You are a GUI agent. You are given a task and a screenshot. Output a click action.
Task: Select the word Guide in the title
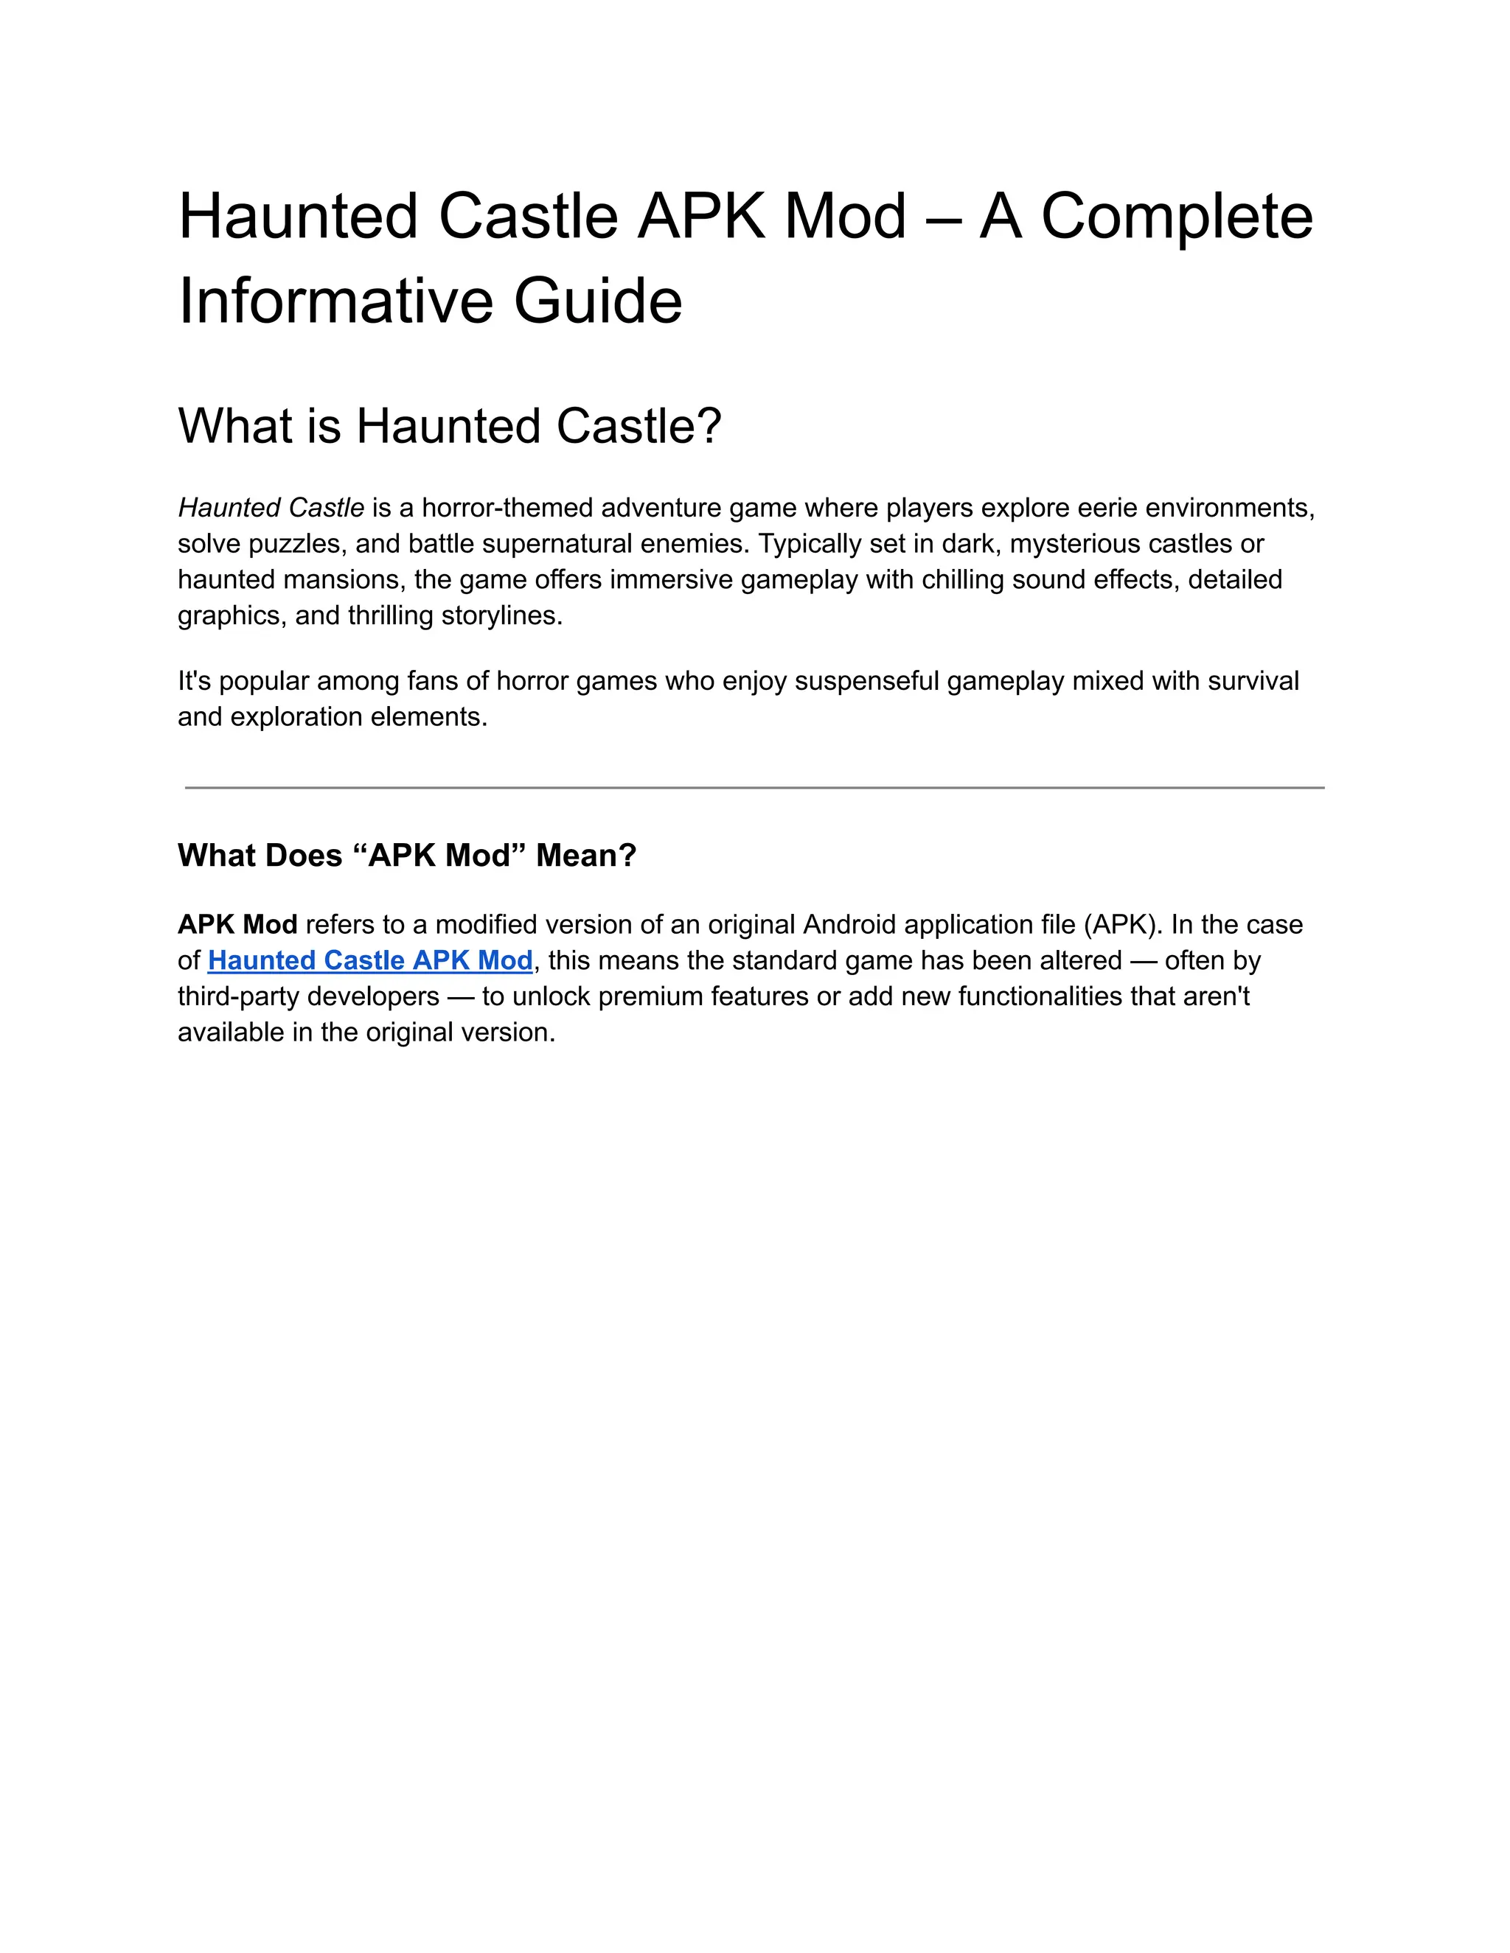597,301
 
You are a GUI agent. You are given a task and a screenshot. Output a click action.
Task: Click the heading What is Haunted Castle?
449,426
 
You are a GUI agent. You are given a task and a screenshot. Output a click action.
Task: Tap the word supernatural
559,544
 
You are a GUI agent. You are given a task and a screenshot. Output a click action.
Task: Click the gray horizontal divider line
754,788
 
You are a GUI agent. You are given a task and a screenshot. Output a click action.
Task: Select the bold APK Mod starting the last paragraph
237,925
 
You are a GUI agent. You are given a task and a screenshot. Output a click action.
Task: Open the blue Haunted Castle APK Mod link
370,960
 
